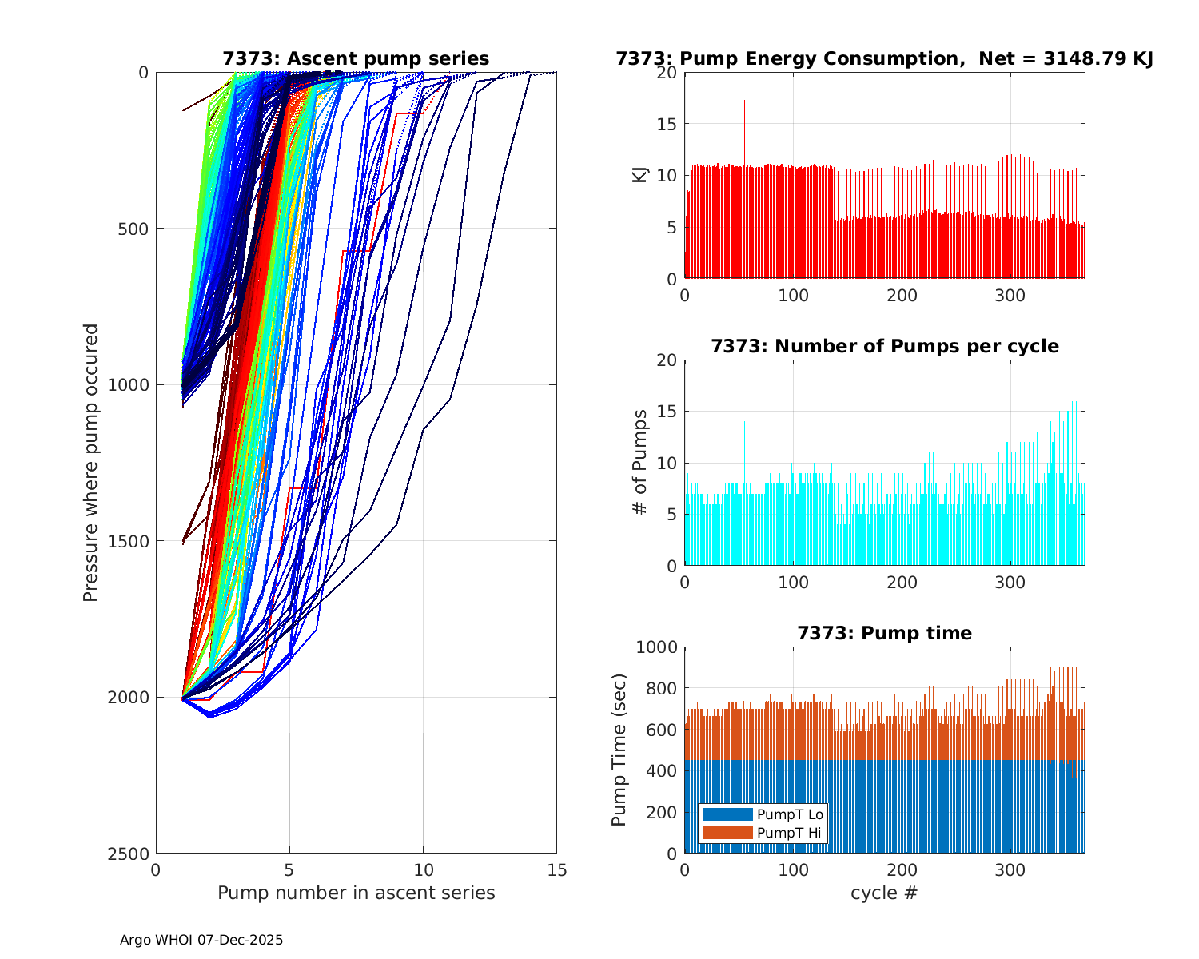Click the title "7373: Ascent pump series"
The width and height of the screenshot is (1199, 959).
click(356, 58)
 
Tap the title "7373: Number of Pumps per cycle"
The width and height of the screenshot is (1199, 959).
click(884, 346)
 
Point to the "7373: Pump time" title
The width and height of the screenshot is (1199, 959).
click(884, 633)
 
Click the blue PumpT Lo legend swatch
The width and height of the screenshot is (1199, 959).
click(727, 814)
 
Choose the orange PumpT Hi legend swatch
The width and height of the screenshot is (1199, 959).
click(727, 833)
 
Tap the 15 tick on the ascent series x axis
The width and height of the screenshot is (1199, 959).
click(556, 870)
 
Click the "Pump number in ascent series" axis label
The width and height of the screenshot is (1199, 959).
click(356, 893)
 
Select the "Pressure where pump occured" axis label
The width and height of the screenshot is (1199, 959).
click(90, 462)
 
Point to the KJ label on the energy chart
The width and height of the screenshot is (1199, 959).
click(639, 175)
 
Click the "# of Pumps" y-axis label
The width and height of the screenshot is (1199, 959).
click(639, 462)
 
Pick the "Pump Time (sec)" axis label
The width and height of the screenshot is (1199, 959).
click(619, 750)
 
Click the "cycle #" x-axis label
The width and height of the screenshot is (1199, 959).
click(884, 893)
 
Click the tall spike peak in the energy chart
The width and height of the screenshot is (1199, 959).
click(744, 101)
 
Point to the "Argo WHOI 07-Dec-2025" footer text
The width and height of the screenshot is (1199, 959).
click(201, 940)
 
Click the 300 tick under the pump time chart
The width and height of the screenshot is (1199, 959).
click(1010, 870)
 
